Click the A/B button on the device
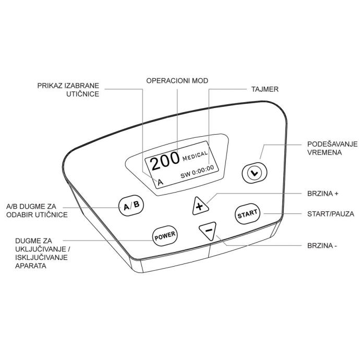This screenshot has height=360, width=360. [131, 206]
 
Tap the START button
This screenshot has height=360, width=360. [247, 214]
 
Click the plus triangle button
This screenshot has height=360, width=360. [200, 206]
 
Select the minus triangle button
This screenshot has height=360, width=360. [208, 230]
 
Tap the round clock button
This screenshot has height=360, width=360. [255, 173]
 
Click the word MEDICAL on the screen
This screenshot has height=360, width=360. [195, 155]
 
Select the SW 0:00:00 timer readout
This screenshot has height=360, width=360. [197, 172]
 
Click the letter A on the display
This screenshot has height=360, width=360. [160, 182]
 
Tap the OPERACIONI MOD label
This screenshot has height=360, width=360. [177, 80]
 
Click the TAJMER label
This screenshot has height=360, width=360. [265, 89]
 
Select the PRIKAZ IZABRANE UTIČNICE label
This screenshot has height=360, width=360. [68, 90]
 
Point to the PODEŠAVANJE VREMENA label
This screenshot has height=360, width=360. [332, 148]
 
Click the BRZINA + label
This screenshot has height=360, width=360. [322, 194]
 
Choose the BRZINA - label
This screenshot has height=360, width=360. [322, 245]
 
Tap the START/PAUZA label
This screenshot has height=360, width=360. [331, 214]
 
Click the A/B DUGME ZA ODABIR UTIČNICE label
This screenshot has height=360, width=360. [37, 210]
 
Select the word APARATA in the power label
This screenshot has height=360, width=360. [31, 266]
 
